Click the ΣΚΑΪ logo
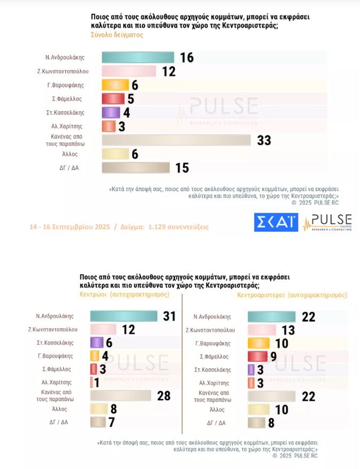click(x=276, y=222)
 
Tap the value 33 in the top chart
click(x=264, y=140)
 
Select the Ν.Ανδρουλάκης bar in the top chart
click(x=137, y=57)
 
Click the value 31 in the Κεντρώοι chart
click(x=170, y=316)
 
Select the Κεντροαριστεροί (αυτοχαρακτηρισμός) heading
click(x=292, y=295)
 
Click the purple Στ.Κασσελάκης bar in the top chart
click(x=110, y=112)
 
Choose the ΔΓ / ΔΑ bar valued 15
click(x=135, y=168)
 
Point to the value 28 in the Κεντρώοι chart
click(x=164, y=396)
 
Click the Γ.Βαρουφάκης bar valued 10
click(x=259, y=343)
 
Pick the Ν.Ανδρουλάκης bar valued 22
click(x=272, y=317)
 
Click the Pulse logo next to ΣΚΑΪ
click(x=327, y=222)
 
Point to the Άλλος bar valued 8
click(x=99, y=409)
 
